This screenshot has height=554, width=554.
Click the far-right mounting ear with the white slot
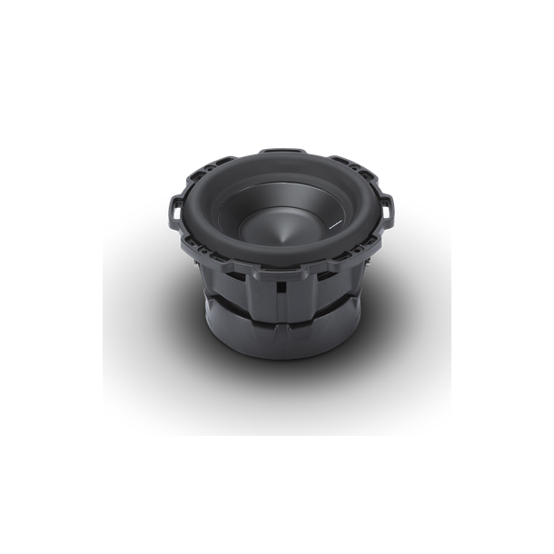pos(389,211)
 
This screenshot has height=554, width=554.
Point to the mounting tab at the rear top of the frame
pos(282,153)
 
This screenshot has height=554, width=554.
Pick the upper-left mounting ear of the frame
pos(214,164)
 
